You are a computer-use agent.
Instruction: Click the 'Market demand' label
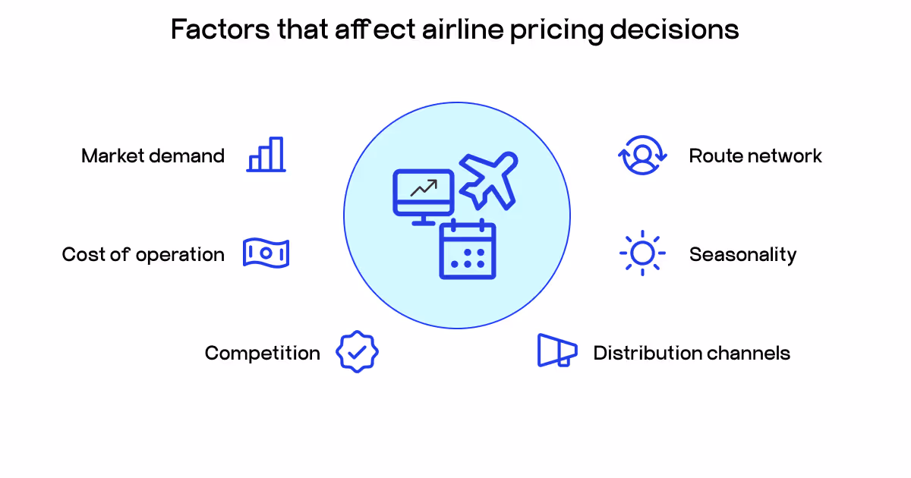click(153, 156)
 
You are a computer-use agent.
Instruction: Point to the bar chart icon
click(266, 155)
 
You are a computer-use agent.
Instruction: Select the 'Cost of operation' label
click(143, 254)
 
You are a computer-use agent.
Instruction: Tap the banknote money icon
click(266, 253)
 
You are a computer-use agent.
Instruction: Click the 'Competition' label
click(262, 353)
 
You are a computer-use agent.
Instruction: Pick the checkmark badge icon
click(357, 352)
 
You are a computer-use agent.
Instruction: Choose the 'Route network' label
click(755, 156)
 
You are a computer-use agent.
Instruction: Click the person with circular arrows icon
click(642, 156)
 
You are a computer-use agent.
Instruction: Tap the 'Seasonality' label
click(742, 254)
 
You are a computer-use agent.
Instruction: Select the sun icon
click(642, 253)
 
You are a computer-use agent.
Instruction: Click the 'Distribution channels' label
click(691, 353)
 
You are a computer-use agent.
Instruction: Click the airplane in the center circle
click(489, 180)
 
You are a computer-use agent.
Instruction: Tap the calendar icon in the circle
click(467, 250)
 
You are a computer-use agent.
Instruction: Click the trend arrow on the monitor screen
click(424, 187)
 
